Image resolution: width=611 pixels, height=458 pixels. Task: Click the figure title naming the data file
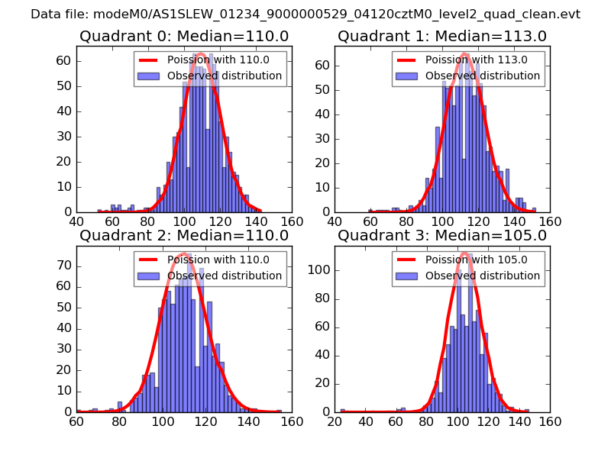[x=305, y=15]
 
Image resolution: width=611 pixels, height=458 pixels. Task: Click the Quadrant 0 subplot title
[x=183, y=36]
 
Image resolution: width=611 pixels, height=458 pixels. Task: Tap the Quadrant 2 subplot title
[x=183, y=235]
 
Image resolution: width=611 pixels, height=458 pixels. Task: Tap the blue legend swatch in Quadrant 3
[x=407, y=276]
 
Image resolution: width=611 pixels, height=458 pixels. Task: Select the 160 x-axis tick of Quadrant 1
[x=550, y=221]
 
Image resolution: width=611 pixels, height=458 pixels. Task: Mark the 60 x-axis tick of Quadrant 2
[x=77, y=421]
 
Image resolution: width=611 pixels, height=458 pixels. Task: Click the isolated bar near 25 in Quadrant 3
[x=342, y=411]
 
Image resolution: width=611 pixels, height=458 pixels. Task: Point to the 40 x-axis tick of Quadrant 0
[x=77, y=221]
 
